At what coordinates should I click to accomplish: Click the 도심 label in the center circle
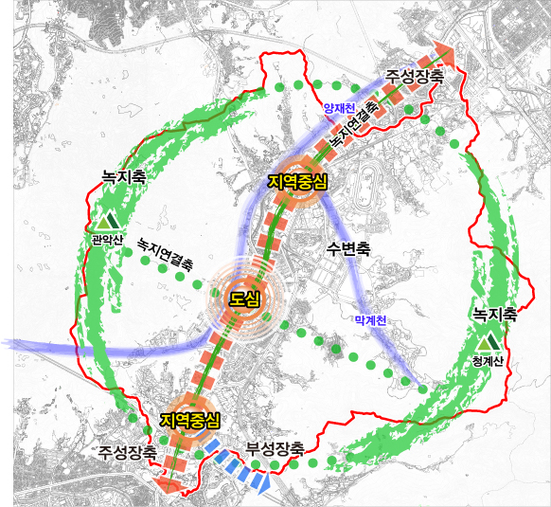pyautogui.click(x=245, y=299)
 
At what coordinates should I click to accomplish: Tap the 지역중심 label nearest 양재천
pyautogui.click(x=297, y=181)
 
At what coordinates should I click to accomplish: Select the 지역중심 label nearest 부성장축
pyautogui.click(x=190, y=420)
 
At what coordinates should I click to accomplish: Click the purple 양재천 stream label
pyautogui.click(x=338, y=109)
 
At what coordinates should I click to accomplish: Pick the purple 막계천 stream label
pyautogui.click(x=370, y=320)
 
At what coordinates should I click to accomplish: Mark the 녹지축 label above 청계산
pyautogui.click(x=494, y=315)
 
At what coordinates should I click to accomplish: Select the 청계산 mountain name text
pyautogui.click(x=489, y=361)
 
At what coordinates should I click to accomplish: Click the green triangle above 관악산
pyautogui.click(x=102, y=223)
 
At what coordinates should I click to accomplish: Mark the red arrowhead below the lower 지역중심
pyautogui.click(x=167, y=485)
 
